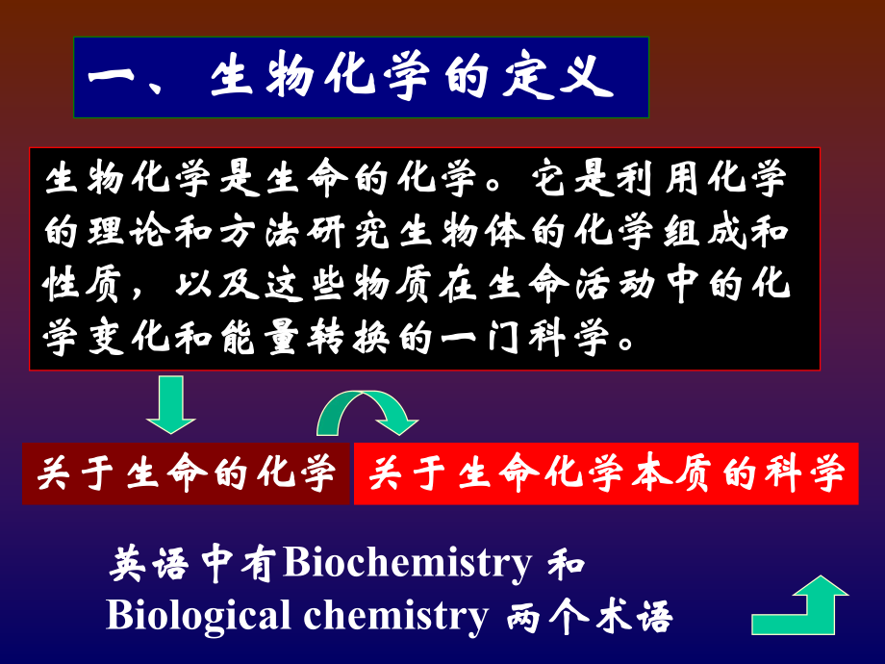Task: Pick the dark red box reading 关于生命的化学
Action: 187,473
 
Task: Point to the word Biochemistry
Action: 408,564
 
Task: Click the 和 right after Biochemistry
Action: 568,564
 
